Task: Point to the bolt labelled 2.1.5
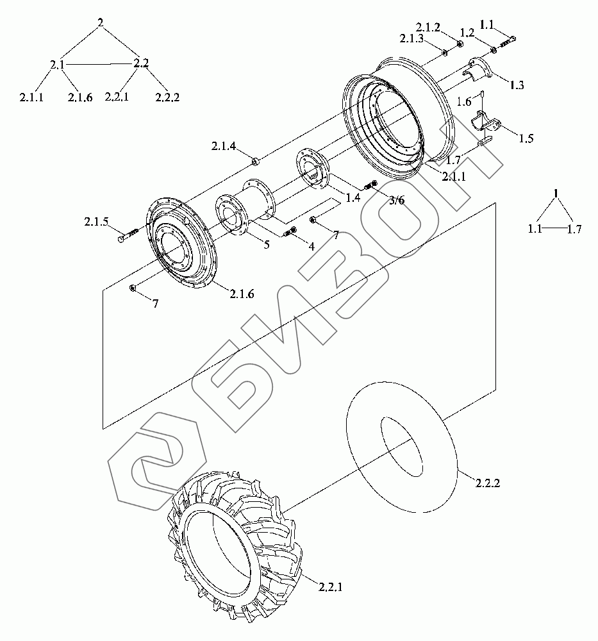(x=128, y=236)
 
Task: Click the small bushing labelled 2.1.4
(x=255, y=161)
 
